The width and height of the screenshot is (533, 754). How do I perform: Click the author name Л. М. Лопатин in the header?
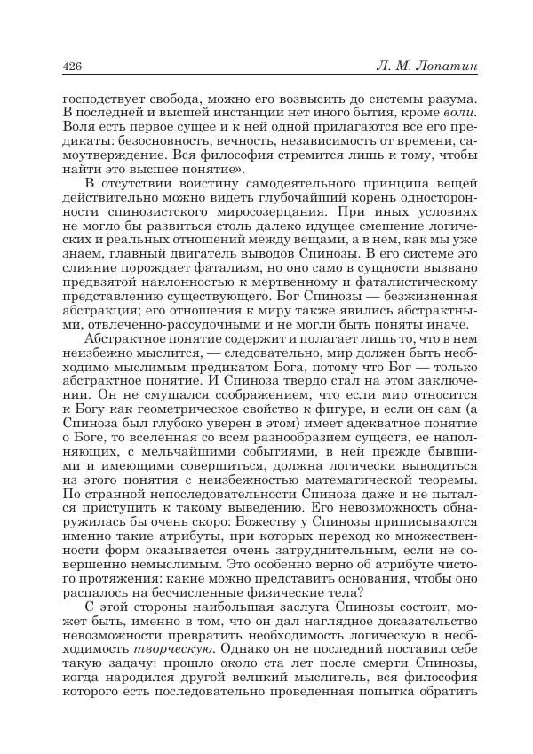427,67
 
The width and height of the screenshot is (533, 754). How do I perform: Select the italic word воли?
461,113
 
